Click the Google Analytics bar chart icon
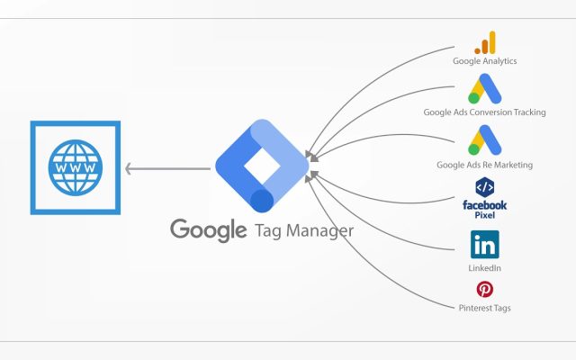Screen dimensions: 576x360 pos(485,42)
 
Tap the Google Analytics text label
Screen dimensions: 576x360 pos(484,61)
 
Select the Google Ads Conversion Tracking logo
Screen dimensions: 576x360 pos(484,88)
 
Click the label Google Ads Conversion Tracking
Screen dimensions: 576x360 pos(484,112)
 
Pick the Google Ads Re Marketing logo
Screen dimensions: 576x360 pos(484,140)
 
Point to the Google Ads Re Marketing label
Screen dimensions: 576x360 pos(484,165)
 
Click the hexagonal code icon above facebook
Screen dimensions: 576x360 pos(485,187)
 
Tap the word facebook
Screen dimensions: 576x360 pos(485,205)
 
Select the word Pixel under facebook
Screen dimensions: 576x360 pos(485,215)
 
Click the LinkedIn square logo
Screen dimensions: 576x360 pos(485,245)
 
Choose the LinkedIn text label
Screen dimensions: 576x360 pos(484,268)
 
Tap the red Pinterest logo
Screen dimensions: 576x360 pos(485,290)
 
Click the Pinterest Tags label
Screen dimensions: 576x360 pos(484,308)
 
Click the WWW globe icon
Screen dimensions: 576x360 pos(76,167)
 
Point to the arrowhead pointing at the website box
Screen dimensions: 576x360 pos(129,169)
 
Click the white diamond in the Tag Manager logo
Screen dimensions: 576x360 pos(262,166)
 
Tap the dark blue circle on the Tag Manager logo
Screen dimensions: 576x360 pos(262,202)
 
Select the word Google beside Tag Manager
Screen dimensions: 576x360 pos(208,230)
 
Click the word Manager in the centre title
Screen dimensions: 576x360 pos(319,231)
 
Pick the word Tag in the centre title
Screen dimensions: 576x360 pos(268,231)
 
